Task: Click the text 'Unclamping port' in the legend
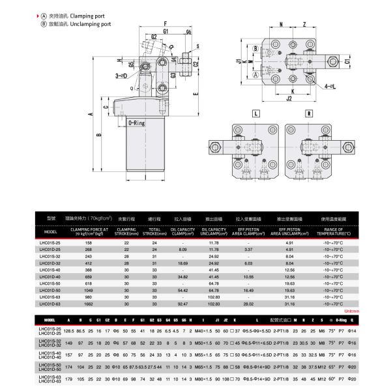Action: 99,22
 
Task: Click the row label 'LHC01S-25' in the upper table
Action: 50,242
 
